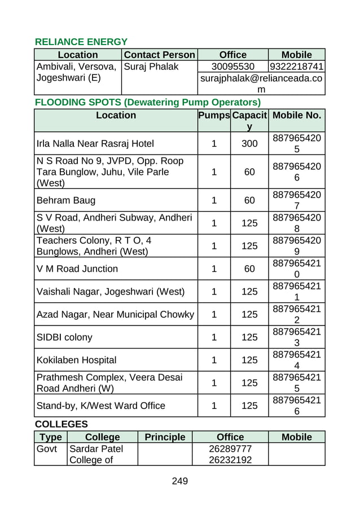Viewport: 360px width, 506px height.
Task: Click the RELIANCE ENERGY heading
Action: coord(81,42)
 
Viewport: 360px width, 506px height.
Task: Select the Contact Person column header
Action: coord(159,55)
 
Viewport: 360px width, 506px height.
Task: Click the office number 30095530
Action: coord(232,67)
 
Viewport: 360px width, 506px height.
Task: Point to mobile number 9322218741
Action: coord(296,67)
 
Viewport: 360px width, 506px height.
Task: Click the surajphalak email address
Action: coord(261,83)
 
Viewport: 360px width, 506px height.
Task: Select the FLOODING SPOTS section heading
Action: coord(148,102)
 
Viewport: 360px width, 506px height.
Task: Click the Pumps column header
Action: coord(214,115)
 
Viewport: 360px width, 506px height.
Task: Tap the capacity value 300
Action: coord(249,143)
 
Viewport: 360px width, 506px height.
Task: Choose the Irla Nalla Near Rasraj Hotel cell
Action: coord(95,143)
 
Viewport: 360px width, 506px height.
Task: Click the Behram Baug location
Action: coord(65,200)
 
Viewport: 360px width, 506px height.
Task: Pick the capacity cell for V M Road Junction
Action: coord(249,269)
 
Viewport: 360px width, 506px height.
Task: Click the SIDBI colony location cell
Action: coord(64,337)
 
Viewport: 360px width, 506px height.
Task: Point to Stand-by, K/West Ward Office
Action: coord(100,406)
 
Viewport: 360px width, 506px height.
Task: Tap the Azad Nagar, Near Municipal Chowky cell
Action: coord(115,314)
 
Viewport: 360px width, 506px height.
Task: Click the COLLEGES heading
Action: coord(61,424)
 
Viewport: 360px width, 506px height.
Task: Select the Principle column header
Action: coord(165,437)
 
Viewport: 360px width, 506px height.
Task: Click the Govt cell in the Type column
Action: coord(47,449)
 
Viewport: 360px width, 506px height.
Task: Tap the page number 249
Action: coord(179,481)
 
